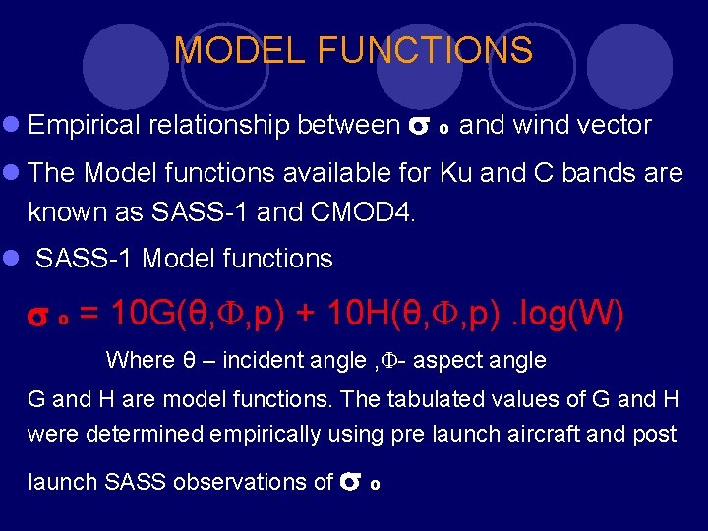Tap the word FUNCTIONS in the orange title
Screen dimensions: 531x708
tap(422, 50)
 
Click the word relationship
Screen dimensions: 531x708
tap(219, 125)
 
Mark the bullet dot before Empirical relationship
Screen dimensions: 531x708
tap(11, 126)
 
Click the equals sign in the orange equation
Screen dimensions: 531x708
tap(88, 315)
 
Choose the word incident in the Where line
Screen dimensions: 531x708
tap(260, 360)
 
